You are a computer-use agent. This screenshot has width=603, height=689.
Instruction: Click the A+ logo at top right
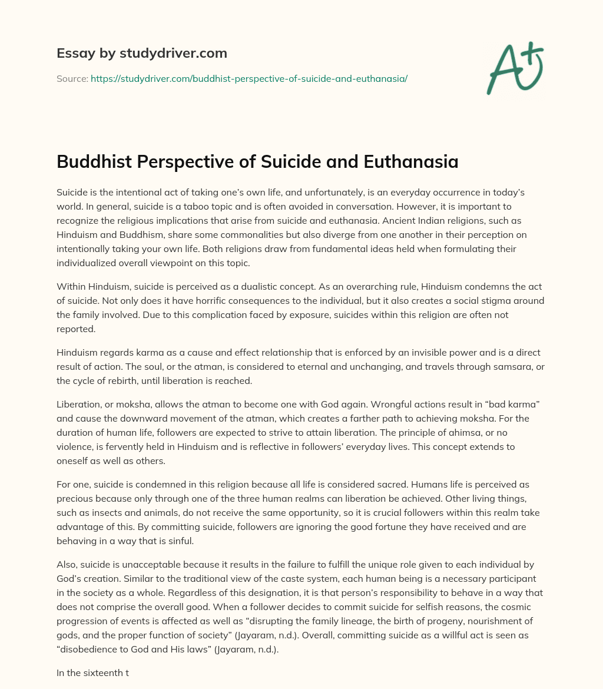click(x=514, y=67)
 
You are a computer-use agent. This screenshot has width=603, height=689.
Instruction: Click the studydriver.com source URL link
click(x=249, y=78)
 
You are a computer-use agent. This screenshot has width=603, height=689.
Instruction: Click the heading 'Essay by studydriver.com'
click(x=141, y=53)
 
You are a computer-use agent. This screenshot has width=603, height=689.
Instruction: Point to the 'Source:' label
click(x=72, y=78)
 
